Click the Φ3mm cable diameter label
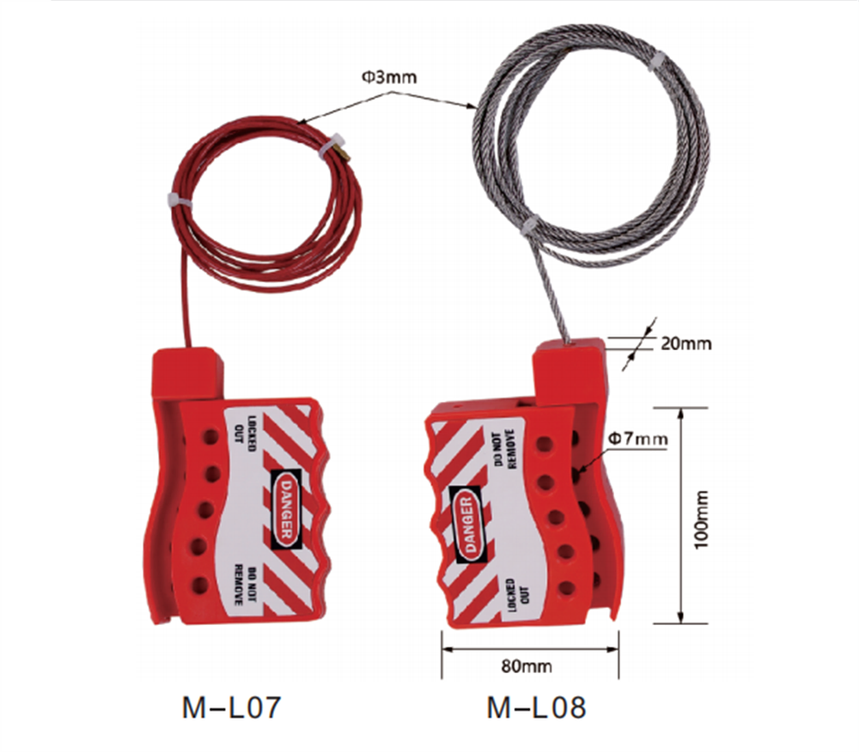[x=388, y=77]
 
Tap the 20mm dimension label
[x=685, y=344]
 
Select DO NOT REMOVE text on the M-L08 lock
[x=508, y=448]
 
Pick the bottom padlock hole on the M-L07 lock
[x=200, y=585]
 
